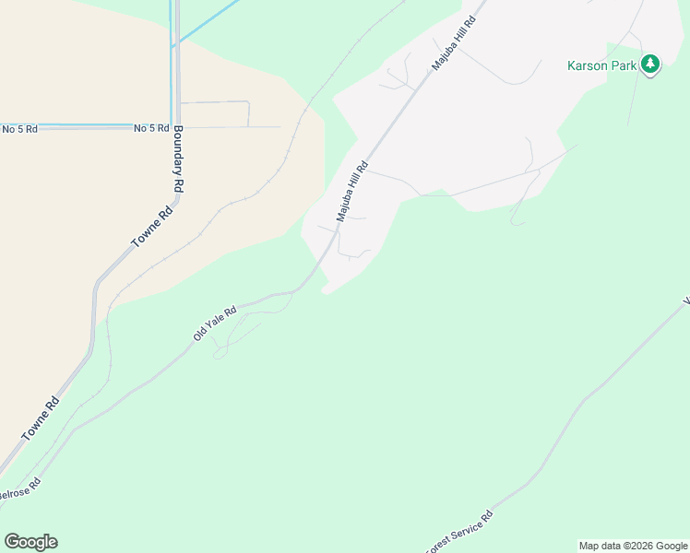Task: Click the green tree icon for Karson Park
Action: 651,64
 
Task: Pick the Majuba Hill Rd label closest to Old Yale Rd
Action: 352,192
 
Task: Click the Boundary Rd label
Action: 178,159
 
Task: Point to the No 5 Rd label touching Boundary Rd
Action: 151,129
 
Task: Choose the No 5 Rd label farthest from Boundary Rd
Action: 18,129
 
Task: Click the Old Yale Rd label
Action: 215,324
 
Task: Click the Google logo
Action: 30,542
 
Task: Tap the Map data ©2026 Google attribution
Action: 633,546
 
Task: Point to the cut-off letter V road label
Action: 685,300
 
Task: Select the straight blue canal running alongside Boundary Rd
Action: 172,74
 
